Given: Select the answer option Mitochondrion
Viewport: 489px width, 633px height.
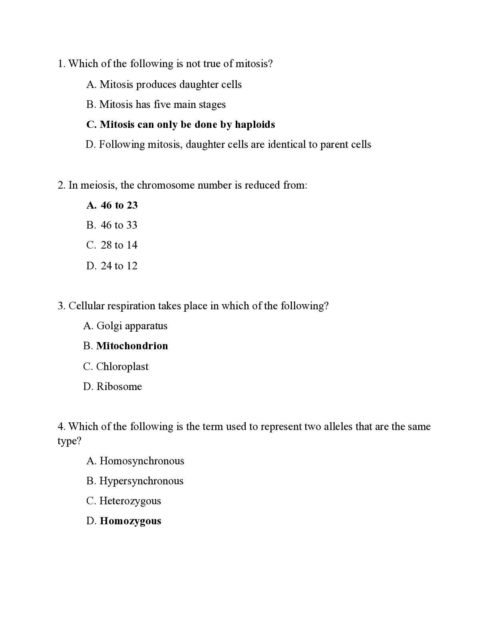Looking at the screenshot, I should coord(132,346).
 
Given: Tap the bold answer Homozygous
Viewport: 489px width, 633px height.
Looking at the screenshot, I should coord(130,521).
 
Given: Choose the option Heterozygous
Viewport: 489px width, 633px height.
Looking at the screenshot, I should coord(130,501).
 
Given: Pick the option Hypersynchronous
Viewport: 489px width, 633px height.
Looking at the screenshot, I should coord(141,481).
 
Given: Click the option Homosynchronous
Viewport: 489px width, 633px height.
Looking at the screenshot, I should coord(142,461).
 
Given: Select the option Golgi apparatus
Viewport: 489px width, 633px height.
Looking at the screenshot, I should coord(132,326).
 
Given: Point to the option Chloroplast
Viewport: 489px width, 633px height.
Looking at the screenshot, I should coord(122,367).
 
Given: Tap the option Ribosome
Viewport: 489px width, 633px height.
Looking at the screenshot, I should coord(119,387).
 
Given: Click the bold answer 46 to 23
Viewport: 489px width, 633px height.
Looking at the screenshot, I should coord(119,205).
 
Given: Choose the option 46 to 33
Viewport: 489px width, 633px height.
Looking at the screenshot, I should coord(119,225).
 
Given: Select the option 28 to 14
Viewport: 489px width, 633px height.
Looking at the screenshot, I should coord(119,245).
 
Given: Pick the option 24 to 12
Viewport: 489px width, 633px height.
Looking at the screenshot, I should coord(119,266).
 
